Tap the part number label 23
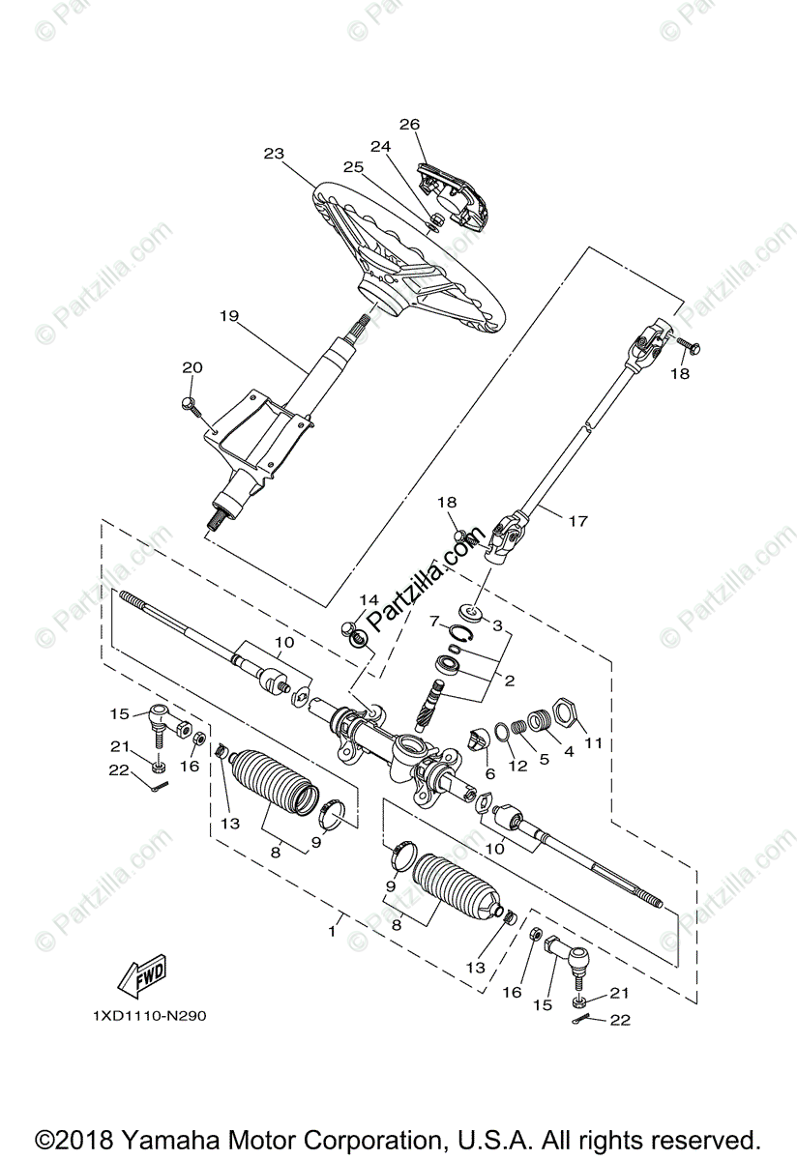click(274, 153)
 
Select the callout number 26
click(409, 124)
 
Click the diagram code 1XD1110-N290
click(149, 1016)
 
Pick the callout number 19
click(228, 316)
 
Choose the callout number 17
click(577, 521)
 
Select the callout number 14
click(369, 600)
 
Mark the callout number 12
click(518, 766)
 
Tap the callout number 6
click(489, 774)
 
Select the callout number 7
click(435, 620)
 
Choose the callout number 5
click(545, 759)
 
